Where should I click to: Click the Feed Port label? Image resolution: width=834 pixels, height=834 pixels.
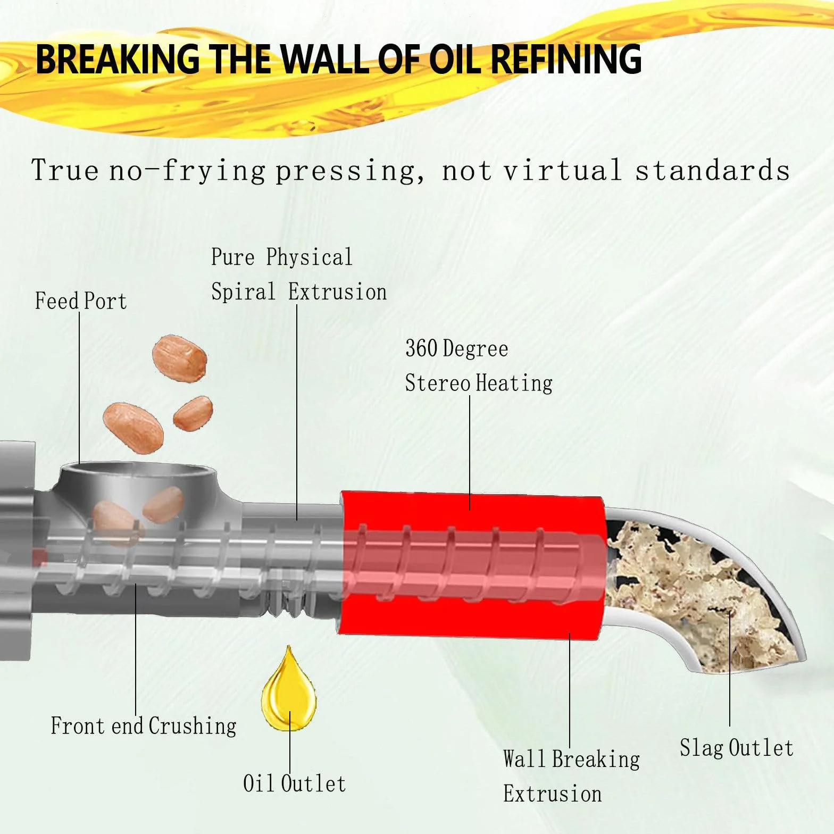tap(81, 301)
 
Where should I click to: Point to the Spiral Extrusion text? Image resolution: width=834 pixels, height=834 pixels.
tap(299, 292)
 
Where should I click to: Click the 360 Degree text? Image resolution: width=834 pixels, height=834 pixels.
tap(457, 349)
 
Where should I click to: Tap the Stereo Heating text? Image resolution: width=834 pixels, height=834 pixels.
tap(479, 383)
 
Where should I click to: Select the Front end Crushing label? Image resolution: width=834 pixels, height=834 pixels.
tap(144, 726)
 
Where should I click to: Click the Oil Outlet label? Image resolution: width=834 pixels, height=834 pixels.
tap(294, 783)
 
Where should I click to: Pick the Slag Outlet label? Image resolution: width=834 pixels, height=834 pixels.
tap(737, 748)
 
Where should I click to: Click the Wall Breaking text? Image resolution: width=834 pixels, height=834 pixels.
tap(572, 759)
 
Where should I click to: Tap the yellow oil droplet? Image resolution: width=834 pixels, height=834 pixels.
tap(289, 690)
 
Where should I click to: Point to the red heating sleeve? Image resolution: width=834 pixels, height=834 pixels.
tap(472, 564)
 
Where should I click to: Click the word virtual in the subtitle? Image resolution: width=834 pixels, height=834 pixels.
tap(563, 171)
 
